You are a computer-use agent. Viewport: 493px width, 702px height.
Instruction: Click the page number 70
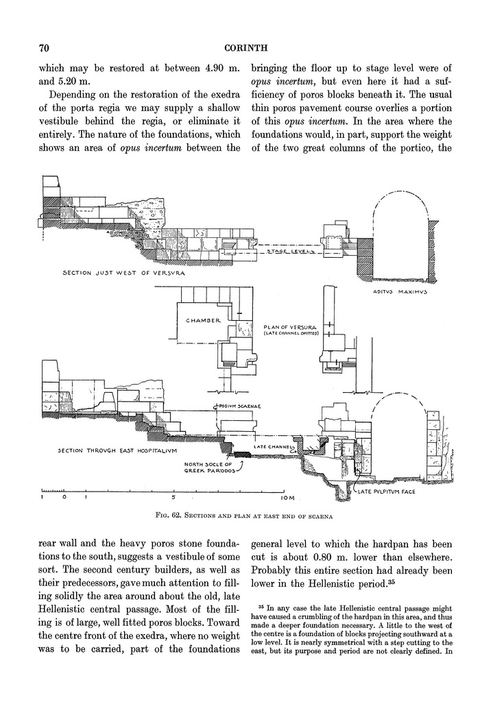pyautogui.click(x=43, y=48)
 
